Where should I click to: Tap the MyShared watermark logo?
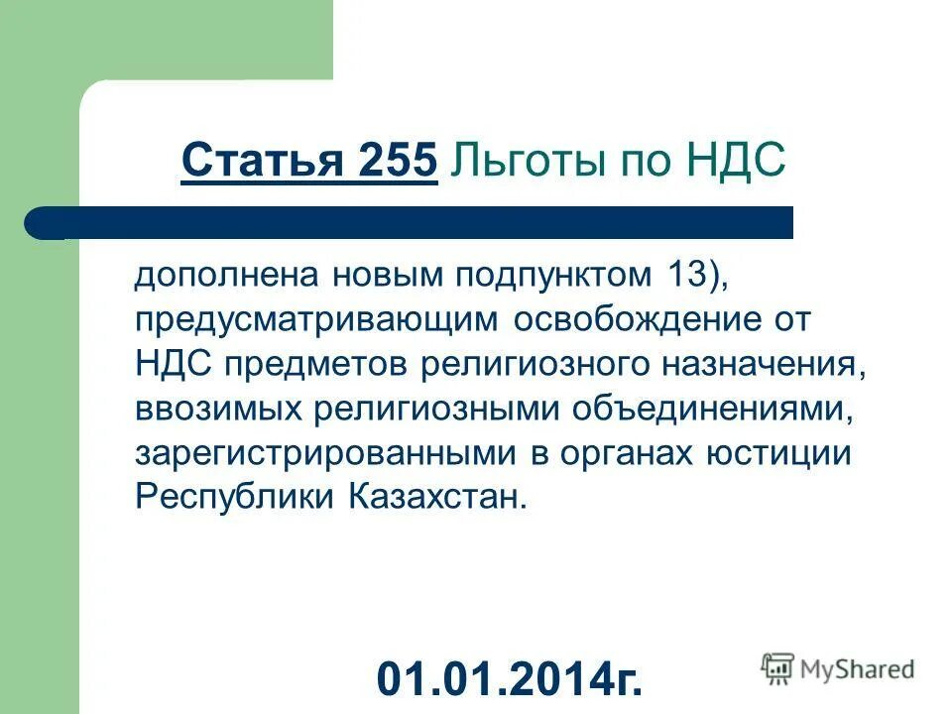(x=838, y=669)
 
